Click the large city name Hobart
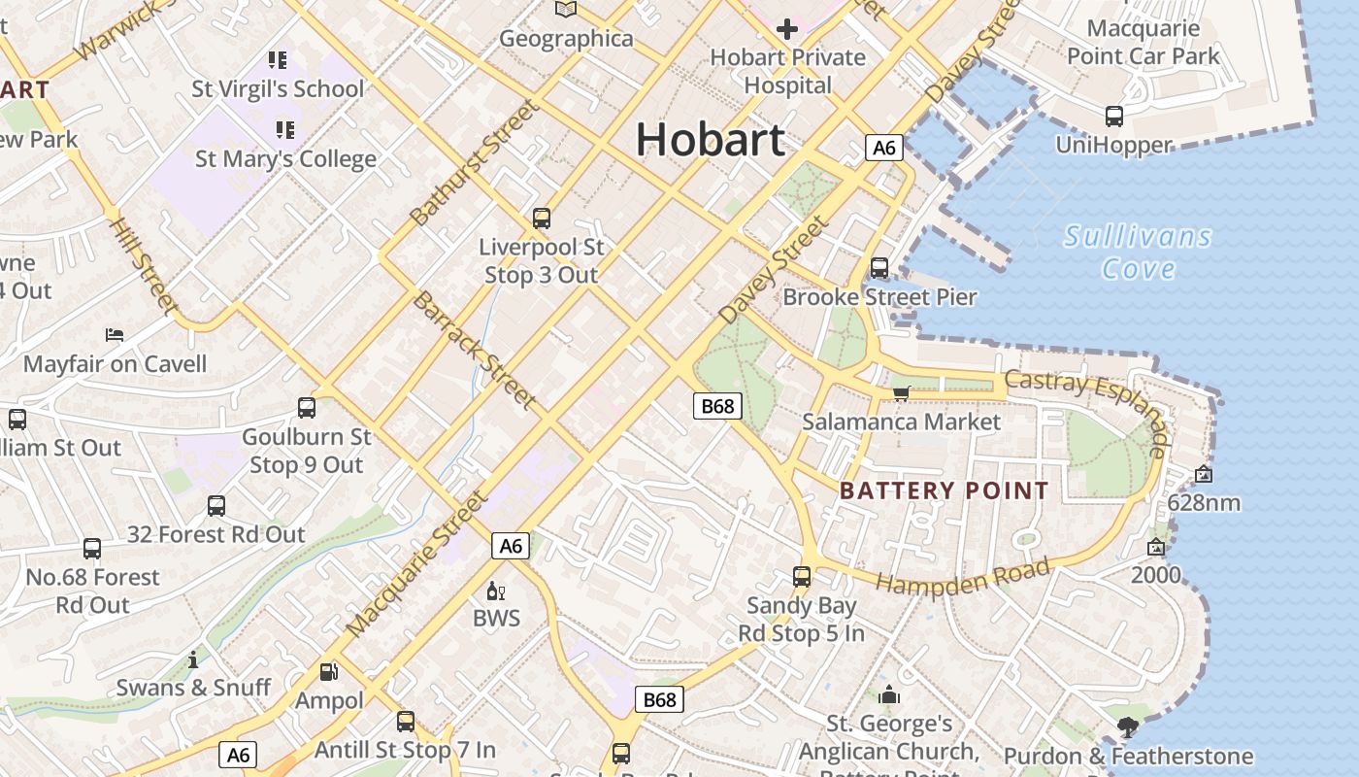[x=710, y=140]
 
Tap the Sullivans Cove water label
[x=1138, y=252]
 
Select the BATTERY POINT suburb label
[x=944, y=490]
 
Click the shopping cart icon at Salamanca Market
[x=901, y=392]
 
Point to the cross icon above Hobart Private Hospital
[x=786, y=29]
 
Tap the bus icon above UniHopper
[x=1114, y=117]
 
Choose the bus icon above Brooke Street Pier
[x=879, y=267]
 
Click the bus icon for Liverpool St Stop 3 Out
[x=542, y=219]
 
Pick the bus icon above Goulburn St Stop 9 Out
[x=307, y=408]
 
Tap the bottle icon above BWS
[x=496, y=591]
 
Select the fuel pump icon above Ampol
[x=329, y=672]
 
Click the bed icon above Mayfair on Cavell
[x=115, y=335]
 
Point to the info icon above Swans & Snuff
[x=193, y=660]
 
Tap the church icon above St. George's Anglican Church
[x=889, y=695]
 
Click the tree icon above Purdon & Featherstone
[x=1127, y=726]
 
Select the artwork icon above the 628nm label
[x=1204, y=474]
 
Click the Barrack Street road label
[x=474, y=349]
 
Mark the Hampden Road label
[x=963, y=576]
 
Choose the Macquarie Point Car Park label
[x=1144, y=42]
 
